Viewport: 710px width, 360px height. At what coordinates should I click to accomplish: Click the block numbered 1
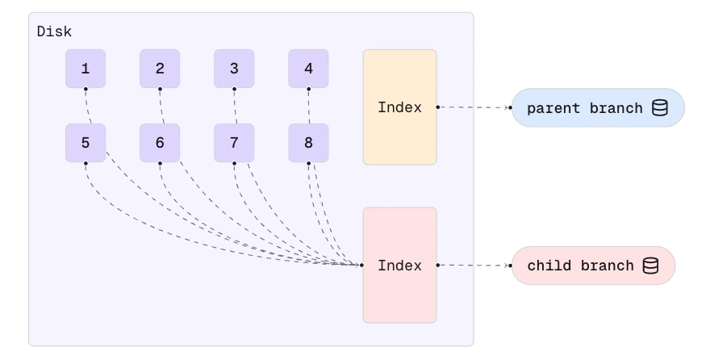pyautogui.click(x=86, y=69)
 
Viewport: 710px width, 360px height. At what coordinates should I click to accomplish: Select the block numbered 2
pyautogui.click(x=160, y=69)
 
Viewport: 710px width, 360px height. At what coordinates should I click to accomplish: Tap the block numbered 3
pyautogui.click(x=234, y=69)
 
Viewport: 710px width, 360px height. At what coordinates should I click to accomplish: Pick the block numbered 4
pyautogui.click(x=308, y=69)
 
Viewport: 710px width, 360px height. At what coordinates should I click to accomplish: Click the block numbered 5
pyautogui.click(x=86, y=143)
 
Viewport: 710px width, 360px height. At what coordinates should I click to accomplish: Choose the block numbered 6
pyautogui.click(x=160, y=143)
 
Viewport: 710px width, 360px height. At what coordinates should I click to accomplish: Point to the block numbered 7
pyautogui.click(x=234, y=143)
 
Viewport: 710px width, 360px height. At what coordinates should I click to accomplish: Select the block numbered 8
pyautogui.click(x=308, y=143)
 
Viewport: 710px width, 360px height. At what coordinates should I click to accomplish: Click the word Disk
pyautogui.click(x=54, y=32)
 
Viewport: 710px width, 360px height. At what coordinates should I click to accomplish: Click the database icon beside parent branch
pyautogui.click(x=659, y=108)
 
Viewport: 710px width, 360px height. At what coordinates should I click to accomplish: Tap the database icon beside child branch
pyautogui.click(x=650, y=266)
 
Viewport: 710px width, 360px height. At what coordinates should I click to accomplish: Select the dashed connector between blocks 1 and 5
pyautogui.click(x=87, y=106)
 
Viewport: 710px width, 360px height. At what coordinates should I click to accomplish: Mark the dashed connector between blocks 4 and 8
pyautogui.click(x=308, y=106)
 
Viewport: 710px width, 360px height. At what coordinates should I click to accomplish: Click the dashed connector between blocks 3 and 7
pyautogui.click(x=235, y=106)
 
